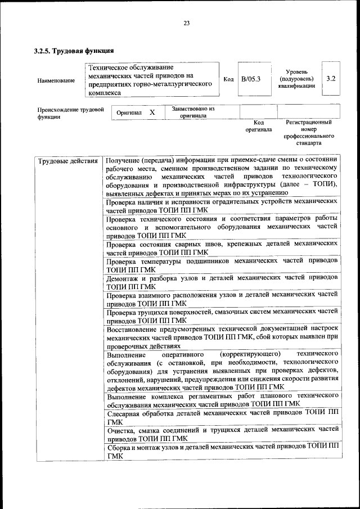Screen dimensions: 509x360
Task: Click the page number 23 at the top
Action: point(186,23)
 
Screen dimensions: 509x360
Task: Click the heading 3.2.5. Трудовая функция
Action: point(70,51)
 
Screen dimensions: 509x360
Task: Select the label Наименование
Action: point(56,80)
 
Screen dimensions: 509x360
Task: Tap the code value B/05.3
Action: point(251,79)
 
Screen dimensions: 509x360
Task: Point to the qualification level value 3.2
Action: point(331,79)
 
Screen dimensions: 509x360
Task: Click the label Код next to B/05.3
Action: point(228,79)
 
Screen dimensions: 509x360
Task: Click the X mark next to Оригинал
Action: point(152,112)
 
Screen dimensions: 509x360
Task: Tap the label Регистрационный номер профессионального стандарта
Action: point(309,132)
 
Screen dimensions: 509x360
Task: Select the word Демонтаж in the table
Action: point(123,277)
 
